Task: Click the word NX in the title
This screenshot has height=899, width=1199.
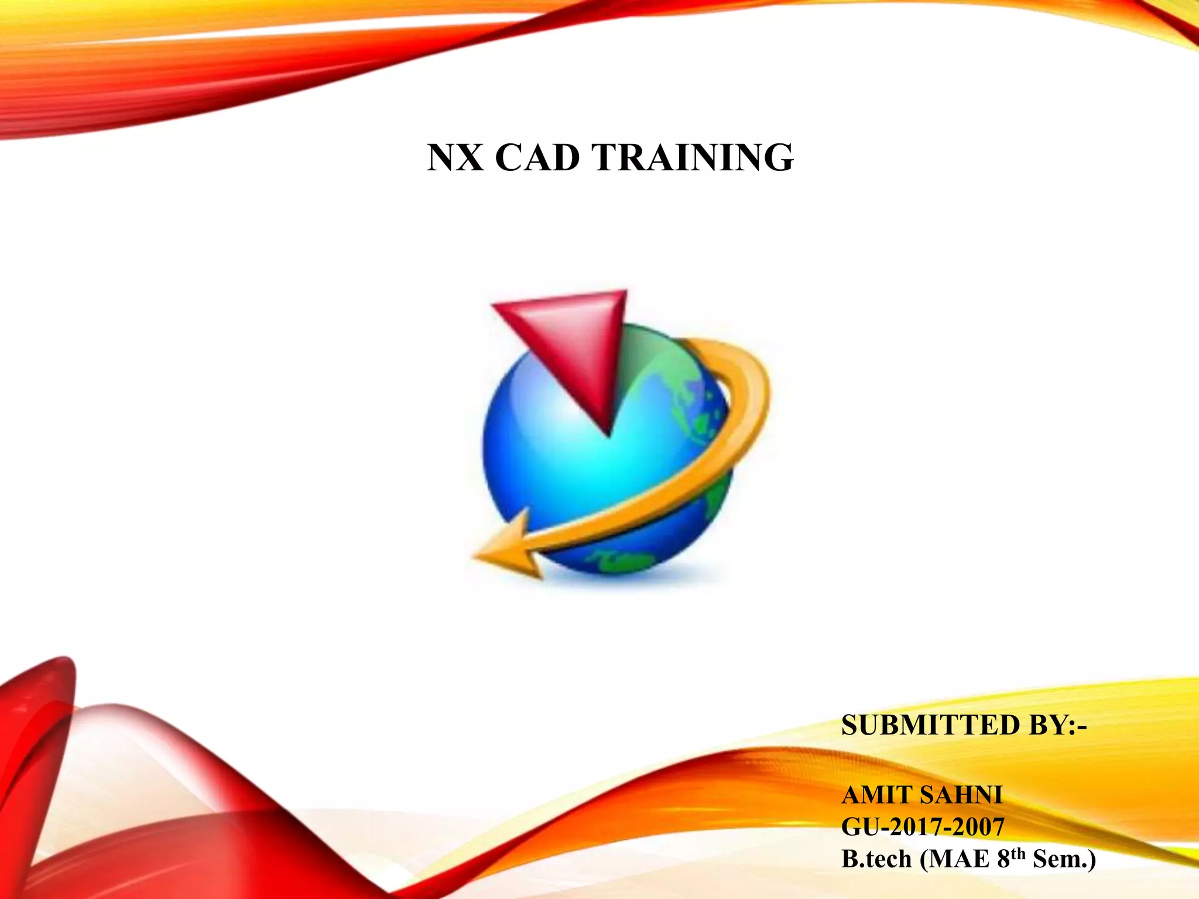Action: coord(455,157)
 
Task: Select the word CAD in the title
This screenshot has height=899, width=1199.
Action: coord(537,157)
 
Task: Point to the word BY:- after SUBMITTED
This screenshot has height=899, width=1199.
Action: coord(1057,725)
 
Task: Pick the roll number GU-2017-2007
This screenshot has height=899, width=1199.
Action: coord(923,827)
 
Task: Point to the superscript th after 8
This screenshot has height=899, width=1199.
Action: coord(1020,853)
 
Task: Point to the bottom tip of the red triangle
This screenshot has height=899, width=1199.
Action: coord(609,433)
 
